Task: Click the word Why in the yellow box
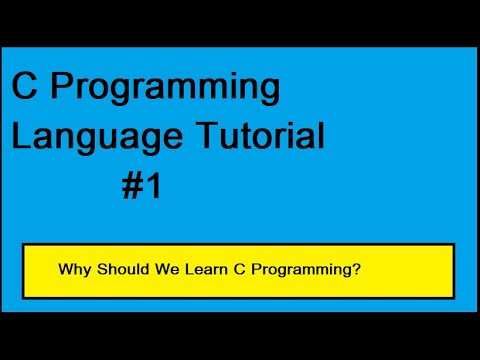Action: click(x=73, y=270)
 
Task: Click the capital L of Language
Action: click(x=20, y=135)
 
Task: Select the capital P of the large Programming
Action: click(x=62, y=89)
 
